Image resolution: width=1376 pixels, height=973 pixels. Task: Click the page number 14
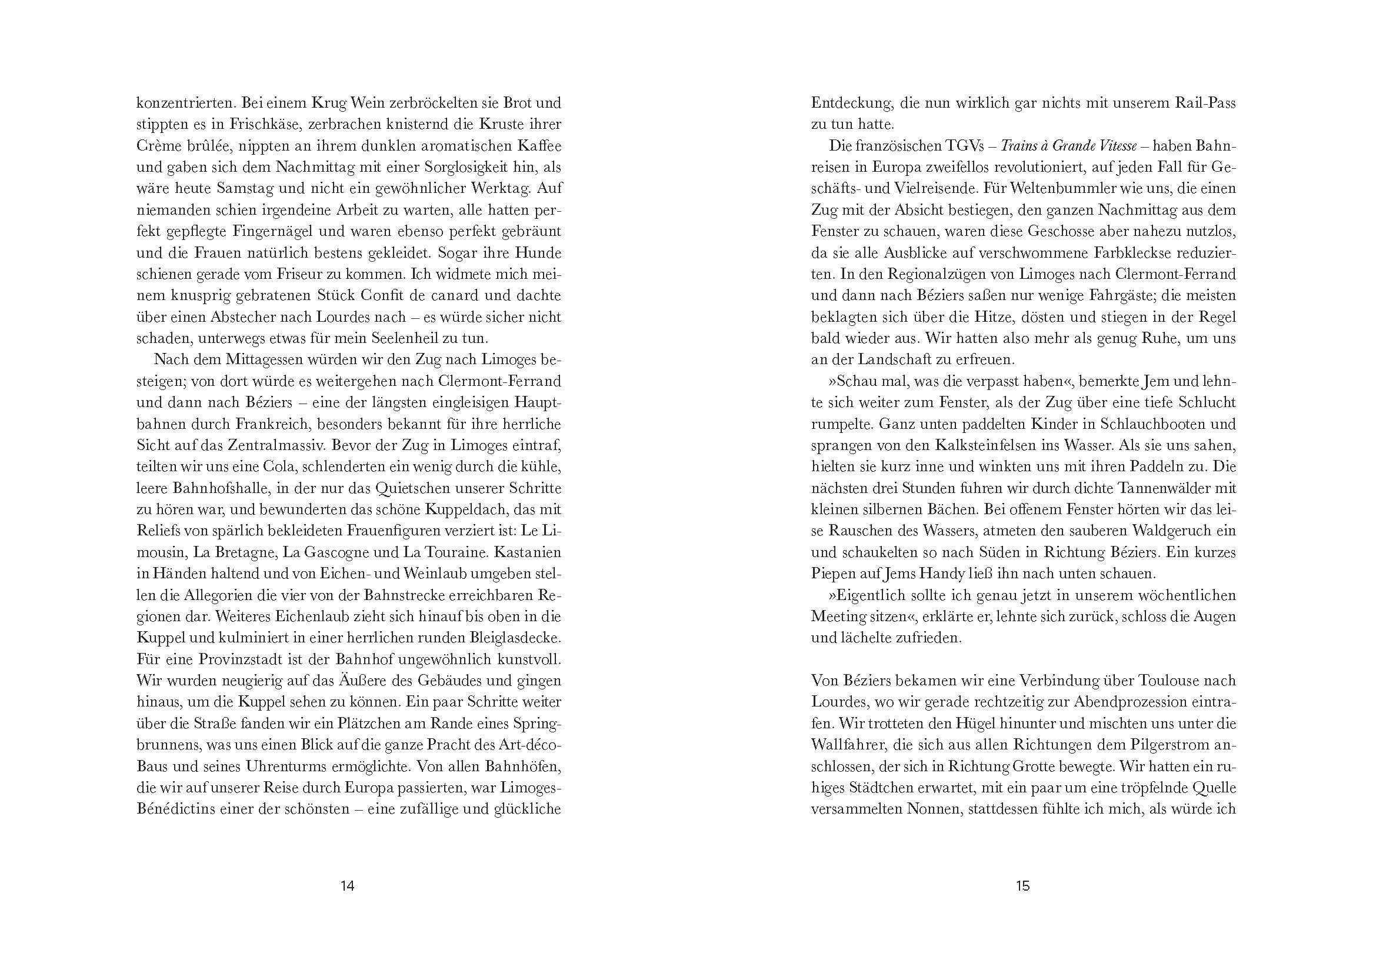click(347, 885)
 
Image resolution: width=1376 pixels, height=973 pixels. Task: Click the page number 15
click(1022, 885)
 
